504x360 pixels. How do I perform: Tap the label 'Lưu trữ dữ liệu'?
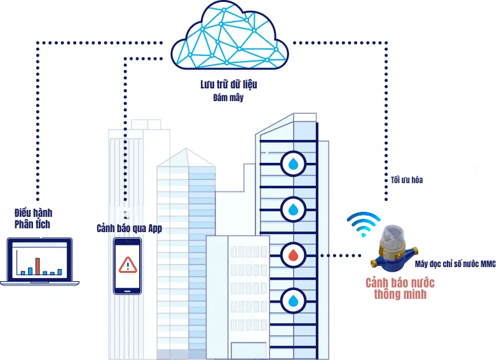tap(228, 84)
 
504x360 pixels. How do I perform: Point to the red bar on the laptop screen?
tap(37, 265)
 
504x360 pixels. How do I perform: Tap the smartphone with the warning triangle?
tap(127, 265)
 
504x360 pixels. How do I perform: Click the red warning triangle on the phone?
tap(128, 263)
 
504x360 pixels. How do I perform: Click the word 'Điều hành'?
tap(33, 213)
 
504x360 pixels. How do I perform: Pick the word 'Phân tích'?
tap(32, 225)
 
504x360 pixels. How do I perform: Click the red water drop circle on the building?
tap(293, 256)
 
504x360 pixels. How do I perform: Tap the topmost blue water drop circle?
tap(293, 164)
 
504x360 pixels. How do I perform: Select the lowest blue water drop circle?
tap(293, 300)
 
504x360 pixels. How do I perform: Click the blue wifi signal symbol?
tap(363, 224)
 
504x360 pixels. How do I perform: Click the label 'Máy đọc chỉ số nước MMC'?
tap(454, 263)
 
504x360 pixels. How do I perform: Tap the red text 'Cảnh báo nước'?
tap(400, 283)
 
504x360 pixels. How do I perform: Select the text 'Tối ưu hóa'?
tap(404, 180)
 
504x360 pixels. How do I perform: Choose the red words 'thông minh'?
tap(400, 294)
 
